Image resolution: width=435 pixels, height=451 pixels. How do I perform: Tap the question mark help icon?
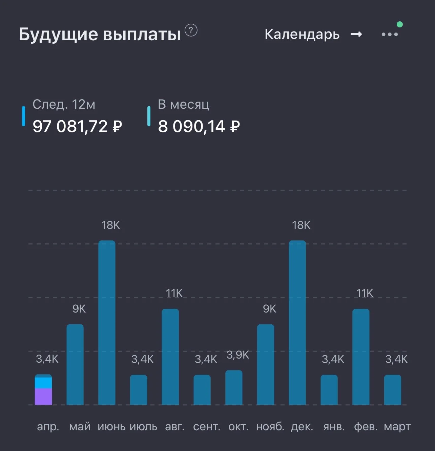pyautogui.click(x=191, y=30)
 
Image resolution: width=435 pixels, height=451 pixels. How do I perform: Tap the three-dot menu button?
pyautogui.click(x=390, y=35)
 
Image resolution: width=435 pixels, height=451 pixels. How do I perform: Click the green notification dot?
pyautogui.click(x=399, y=24)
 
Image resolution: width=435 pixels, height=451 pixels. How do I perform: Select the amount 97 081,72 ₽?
pyautogui.click(x=77, y=127)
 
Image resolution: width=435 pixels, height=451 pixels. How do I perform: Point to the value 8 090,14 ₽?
pyautogui.click(x=199, y=127)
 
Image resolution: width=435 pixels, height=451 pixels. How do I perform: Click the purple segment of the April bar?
pyautogui.click(x=43, y=396)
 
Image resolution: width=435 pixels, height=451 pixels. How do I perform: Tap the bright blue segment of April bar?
pyautogui.click(x=43, y=383)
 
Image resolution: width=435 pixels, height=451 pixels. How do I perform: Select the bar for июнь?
pyautogui.click(x=107, y=323)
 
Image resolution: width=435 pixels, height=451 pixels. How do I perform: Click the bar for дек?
pyautogui.click(x=297, y=323)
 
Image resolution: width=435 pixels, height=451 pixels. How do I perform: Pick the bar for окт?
pyautogui.click(x=234, y=387)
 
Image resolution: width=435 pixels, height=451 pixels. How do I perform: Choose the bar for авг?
pyautogui.click(x=170, y=357)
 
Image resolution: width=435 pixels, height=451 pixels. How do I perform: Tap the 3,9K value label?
pyautogui.click(x=238, y=355)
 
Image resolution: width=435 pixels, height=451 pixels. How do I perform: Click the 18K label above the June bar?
pyautogui.click(x=110, y=225)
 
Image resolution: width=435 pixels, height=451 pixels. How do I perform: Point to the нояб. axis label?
pyautogui.click(x=270, y=426)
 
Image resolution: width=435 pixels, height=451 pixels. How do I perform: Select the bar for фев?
pyautogui.click(x=361, y=357)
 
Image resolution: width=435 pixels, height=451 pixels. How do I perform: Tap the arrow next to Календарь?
pyautogui.click(x=356, y=35)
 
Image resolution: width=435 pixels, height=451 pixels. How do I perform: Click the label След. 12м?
pyautogui.click(x=64, y=104)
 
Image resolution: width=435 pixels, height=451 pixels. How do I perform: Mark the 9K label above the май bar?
pyautogui.click(x=79, y=309)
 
